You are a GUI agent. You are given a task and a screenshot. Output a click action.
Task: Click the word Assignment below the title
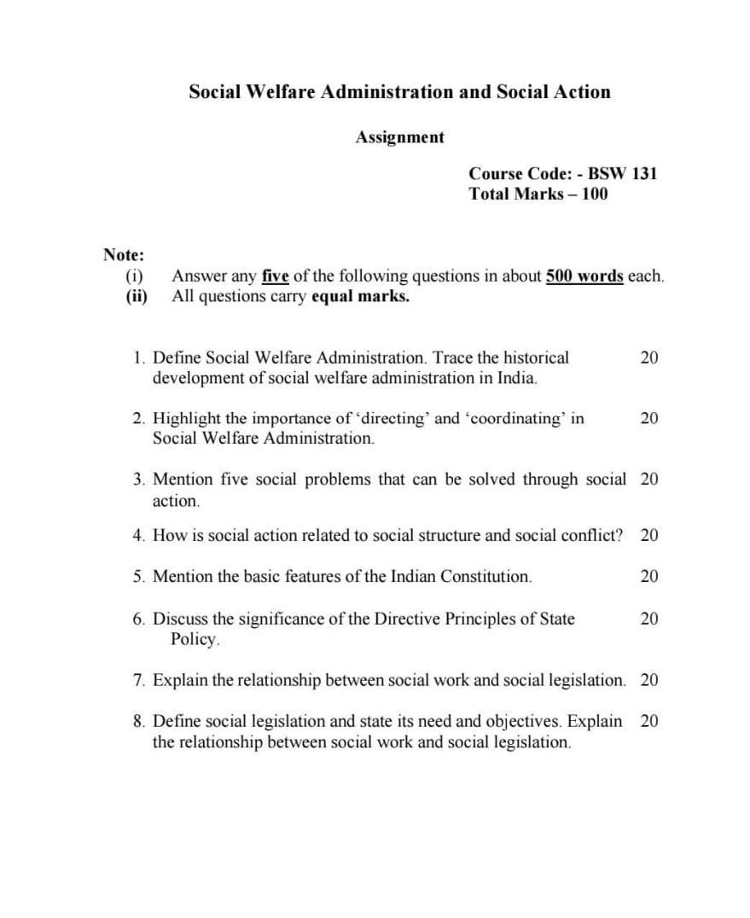[400, 137]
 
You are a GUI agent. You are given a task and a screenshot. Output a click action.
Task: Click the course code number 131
[644, 173]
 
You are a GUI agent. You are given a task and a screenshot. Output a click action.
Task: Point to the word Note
[123, 254]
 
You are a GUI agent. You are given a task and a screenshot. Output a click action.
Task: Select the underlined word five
[276, 276]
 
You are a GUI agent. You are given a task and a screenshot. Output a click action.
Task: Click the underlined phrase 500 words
[584, 276]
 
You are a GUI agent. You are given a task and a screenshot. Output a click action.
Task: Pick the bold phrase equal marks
[360, 297]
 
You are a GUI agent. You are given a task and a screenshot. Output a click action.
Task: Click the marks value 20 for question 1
[648, 357]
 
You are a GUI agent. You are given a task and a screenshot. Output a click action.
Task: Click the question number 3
[138, 479]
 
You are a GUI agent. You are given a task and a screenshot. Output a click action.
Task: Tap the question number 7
[138, 680]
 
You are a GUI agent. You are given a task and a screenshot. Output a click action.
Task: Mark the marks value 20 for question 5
[648, 576]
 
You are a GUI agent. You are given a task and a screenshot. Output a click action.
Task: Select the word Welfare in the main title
[281, 91]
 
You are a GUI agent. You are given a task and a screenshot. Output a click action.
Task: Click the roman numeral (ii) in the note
[136, 297]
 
